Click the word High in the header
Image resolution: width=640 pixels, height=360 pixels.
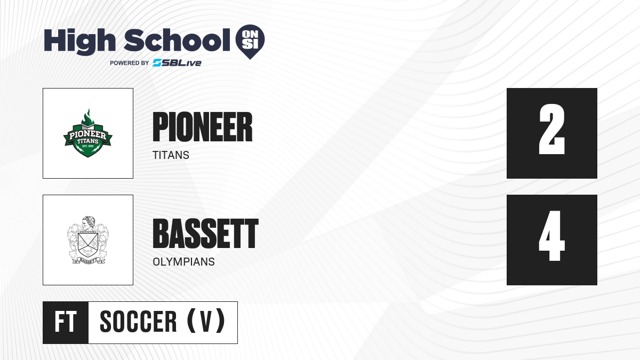coord(79,42)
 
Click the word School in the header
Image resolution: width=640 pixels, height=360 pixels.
coord(177,40)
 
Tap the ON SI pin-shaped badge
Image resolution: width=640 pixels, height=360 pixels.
coord(250,42)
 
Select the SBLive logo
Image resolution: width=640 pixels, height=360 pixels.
coord(177,62)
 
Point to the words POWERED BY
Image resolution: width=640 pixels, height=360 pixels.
coord(130,63)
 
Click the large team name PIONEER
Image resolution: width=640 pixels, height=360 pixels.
coord(203,127)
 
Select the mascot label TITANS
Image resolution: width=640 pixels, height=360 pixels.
coord(171,155)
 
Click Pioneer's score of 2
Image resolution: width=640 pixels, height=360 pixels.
coord(551,129)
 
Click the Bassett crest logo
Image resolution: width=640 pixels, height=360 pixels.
coord(88,240)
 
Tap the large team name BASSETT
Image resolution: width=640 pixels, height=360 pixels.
coord(205,234)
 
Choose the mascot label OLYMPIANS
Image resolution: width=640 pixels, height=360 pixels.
coord(183,262)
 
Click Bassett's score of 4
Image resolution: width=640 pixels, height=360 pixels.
coord(551,236)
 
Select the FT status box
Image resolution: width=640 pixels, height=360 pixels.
coord(66,322)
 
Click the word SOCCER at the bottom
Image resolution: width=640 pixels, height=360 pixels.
coord(138,322)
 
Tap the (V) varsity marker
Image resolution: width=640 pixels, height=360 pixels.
coord(206,321)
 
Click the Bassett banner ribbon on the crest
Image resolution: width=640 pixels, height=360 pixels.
coord(88,260)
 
